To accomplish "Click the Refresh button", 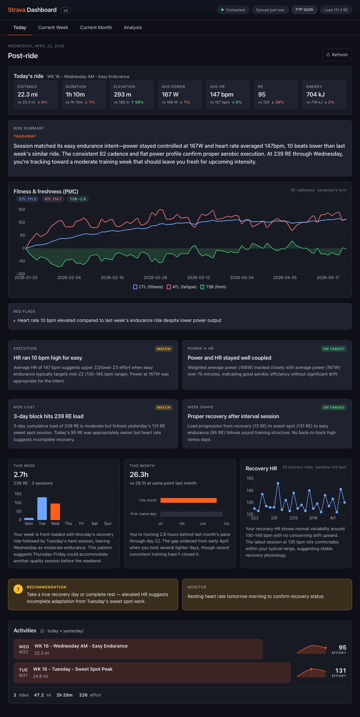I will [x=337, y=55].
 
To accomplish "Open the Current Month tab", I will [x=96, y=27].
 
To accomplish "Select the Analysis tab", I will [x=133, y=27].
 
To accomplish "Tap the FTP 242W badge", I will [x=304, y=10].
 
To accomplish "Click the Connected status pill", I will [x=233, y=10].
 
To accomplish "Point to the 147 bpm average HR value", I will [x=221, y=95].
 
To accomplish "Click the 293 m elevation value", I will [x=122, y=95].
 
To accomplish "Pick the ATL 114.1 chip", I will [x=53, y=199].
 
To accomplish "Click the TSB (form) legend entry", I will [x=213, y=287].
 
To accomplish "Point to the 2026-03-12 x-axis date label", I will [x=198, y=278].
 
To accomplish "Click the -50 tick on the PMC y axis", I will [x=21, y=261].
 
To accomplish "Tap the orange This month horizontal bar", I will [x=188, y=500].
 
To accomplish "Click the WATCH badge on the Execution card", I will [x=164, y=349].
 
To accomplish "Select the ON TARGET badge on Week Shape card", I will [x=334, y=407].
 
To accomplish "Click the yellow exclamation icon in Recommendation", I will [x=18, y=589].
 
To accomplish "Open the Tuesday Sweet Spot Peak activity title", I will [x=73, y=669].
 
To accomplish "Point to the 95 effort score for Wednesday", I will [x=342, y=648].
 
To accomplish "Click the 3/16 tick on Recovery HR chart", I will [x=313, y=518].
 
